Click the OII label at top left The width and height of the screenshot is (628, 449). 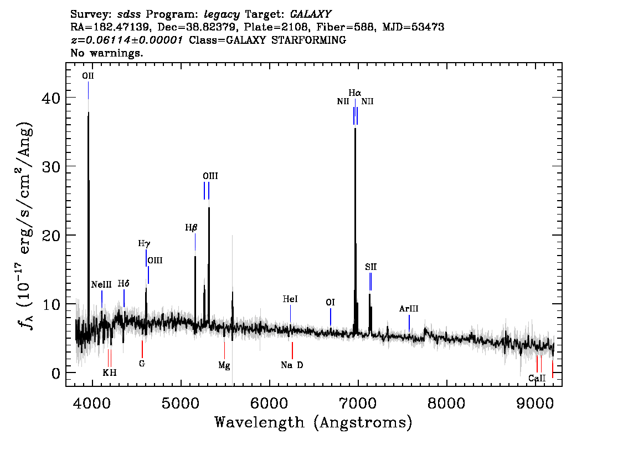pos(88,76)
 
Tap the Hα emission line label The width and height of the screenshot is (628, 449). pos(355,93)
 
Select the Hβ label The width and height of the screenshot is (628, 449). pos(192,228)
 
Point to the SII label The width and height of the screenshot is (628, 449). pos(371,267)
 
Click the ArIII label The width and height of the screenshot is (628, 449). pos(409,309)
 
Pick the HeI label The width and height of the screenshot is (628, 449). pos(290,299)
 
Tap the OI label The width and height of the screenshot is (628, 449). pos(331,302)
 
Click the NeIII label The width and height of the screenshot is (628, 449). pos(101,284)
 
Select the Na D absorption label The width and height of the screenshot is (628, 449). pos(292,365)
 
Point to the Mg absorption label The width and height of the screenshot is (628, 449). pos(224,365)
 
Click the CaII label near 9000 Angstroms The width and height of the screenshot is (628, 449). pos(537,378)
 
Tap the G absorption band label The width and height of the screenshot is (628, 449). pos(142,364)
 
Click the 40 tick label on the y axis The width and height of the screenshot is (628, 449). pos(51,98)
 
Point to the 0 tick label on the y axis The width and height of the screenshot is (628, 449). pos(56,373)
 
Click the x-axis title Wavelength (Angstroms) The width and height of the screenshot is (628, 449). pos(313,422)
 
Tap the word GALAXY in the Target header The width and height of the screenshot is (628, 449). pos(310,14)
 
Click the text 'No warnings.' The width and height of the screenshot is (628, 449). pos(106,53)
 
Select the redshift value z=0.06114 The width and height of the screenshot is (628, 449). pos(127,40)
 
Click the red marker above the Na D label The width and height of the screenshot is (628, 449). pos(292,350)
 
